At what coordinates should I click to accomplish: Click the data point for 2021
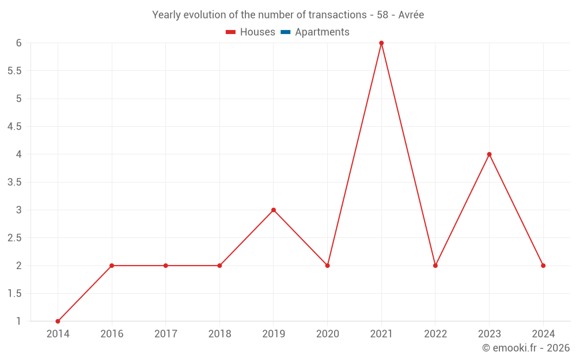click(x=381, y=43)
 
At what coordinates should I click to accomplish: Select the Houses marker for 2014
click(x=58, y=321)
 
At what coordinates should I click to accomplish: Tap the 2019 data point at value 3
click(x=274, y=210)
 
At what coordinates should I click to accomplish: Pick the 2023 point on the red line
click(x=489, y=154)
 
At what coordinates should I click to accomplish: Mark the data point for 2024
click(x=543, y=266)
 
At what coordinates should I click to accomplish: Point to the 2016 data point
click(x=112, y=266)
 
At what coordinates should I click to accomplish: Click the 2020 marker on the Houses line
click(x=327, y=266)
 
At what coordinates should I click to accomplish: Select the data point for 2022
click(x=435, y=266)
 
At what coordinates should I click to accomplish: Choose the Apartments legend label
click(x=322, y=32)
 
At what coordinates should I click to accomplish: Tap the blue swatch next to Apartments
click(x=285, y=32)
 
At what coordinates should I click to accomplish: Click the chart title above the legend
click(x=288, y=15)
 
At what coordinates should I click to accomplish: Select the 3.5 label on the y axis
click(x=14, y=182)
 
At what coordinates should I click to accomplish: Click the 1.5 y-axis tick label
click(x=14, y=294)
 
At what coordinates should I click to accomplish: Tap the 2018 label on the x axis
click(x=219, y=334)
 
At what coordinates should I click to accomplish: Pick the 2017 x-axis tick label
click(x=165, y=334)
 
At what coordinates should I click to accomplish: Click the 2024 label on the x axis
click(x=543, y=334)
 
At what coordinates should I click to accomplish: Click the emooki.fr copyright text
click(x=525, y=348)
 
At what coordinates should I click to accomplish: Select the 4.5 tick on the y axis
click(x=14, y=127)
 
